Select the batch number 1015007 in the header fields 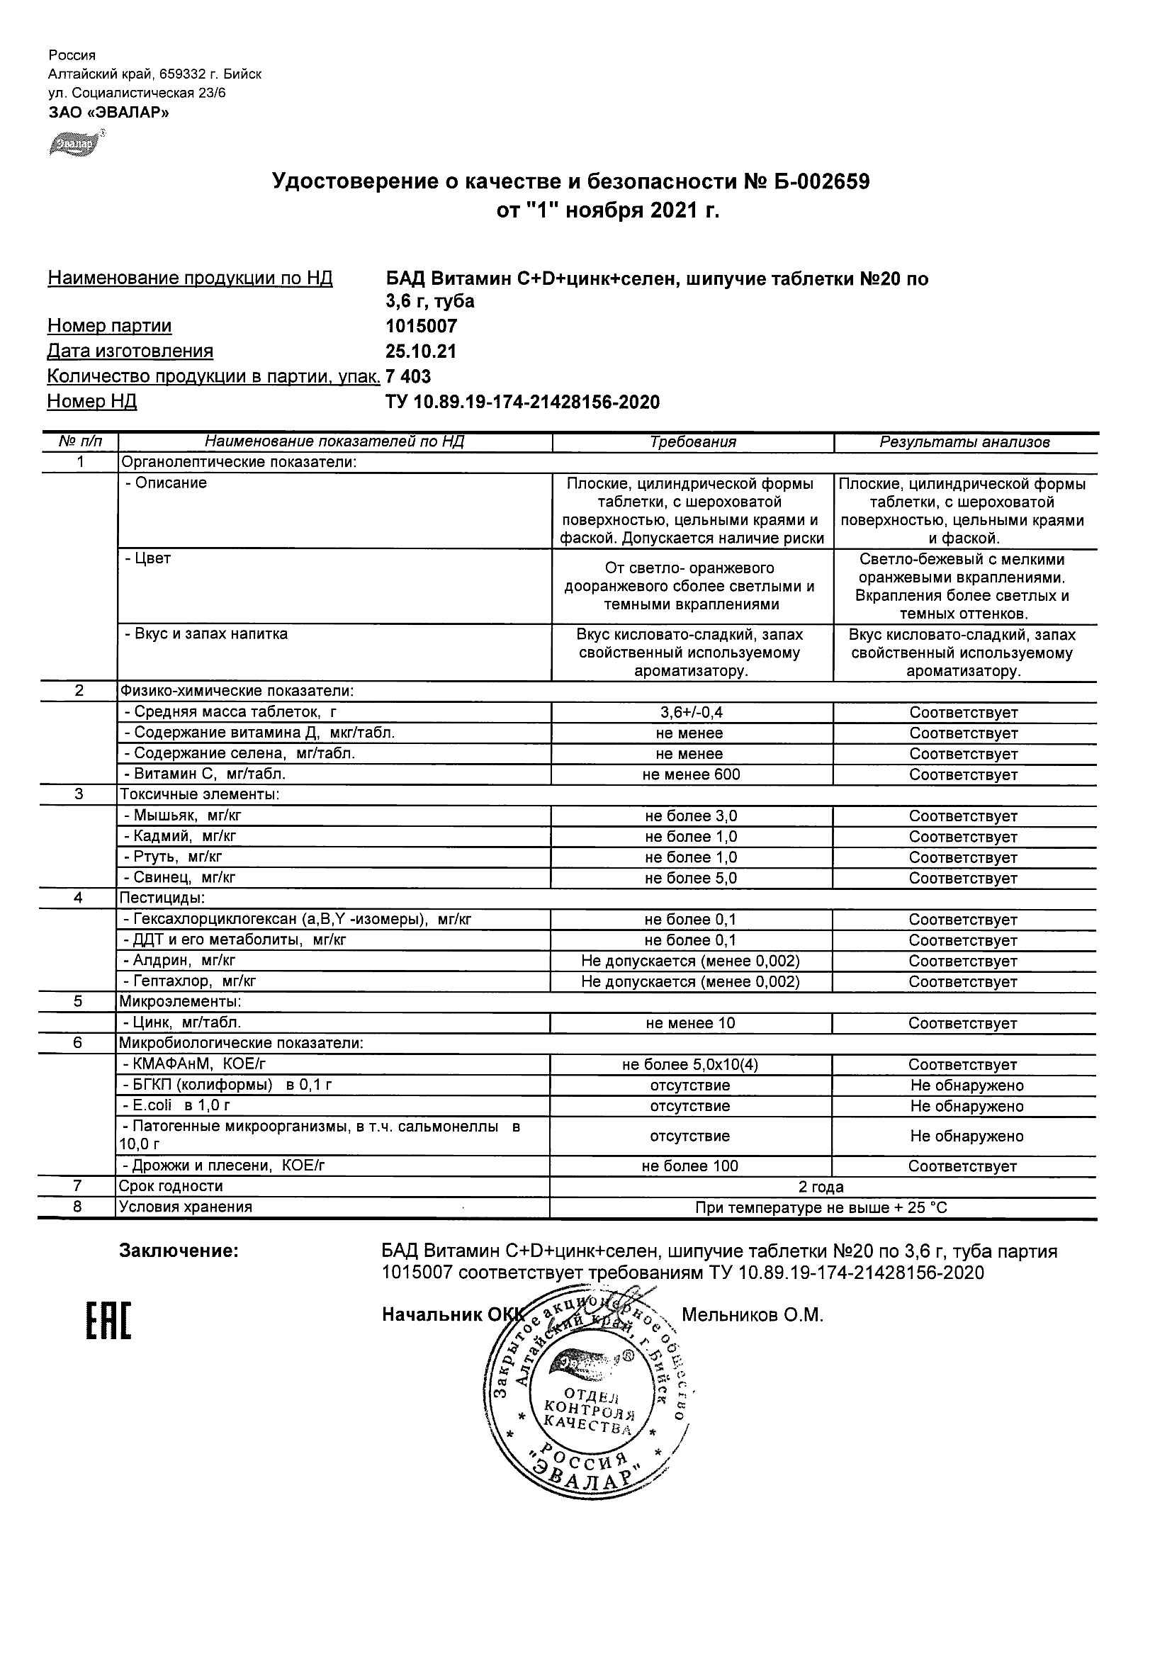point(422,326)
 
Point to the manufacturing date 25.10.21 point(421,351)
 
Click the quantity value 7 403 point(409,376)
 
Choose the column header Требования point(692,442)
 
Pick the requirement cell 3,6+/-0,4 point(691,712)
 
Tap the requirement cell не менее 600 point(691,774)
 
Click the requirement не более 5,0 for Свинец point(691,878)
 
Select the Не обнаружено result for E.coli point(967,1105)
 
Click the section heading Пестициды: point(162,898)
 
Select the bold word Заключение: point(179,1251)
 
